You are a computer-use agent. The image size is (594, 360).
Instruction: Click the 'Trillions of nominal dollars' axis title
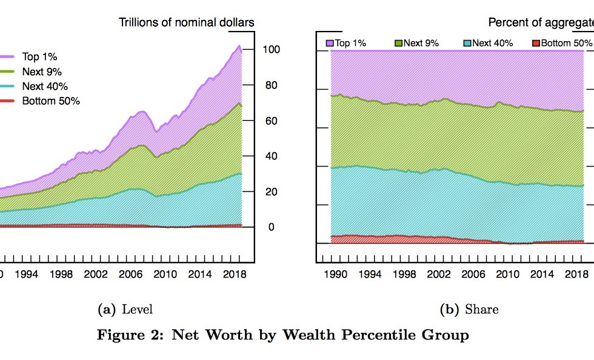point(186,23)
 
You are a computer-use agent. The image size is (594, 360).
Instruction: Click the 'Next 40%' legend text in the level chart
point(45,86)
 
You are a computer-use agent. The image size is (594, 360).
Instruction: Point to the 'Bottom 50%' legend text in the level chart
point(51,101)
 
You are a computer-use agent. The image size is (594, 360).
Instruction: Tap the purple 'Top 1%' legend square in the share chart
point(330,43)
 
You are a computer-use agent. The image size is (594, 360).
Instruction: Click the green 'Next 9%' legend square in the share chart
point(399,43)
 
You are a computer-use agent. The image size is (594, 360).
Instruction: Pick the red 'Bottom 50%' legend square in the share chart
point(536,43)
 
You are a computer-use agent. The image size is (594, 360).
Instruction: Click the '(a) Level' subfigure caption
point(125,309)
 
